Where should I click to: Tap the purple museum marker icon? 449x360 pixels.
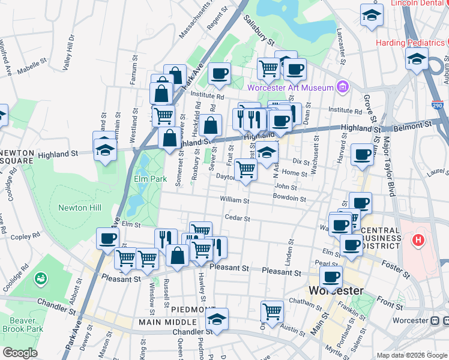click(x=343, y=88)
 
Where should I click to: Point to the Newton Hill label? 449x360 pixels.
click(x=79, y=208)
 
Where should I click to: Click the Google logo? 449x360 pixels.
click(x=20, y=353)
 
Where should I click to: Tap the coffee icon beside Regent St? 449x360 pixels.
click(x=219, y=74)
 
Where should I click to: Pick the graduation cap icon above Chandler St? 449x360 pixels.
click(x=217, y=318)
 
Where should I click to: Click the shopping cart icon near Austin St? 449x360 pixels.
click(x=273, y=312)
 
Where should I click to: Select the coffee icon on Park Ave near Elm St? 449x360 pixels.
click(x=107, y=238)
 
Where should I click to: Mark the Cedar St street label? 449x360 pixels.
click(x=236, y=217)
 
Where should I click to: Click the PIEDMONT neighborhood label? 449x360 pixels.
click(x=188, y=309)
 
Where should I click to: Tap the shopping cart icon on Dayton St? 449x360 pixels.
click(x=246, y=170)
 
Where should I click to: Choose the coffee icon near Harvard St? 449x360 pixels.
click(x=362, y=154)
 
